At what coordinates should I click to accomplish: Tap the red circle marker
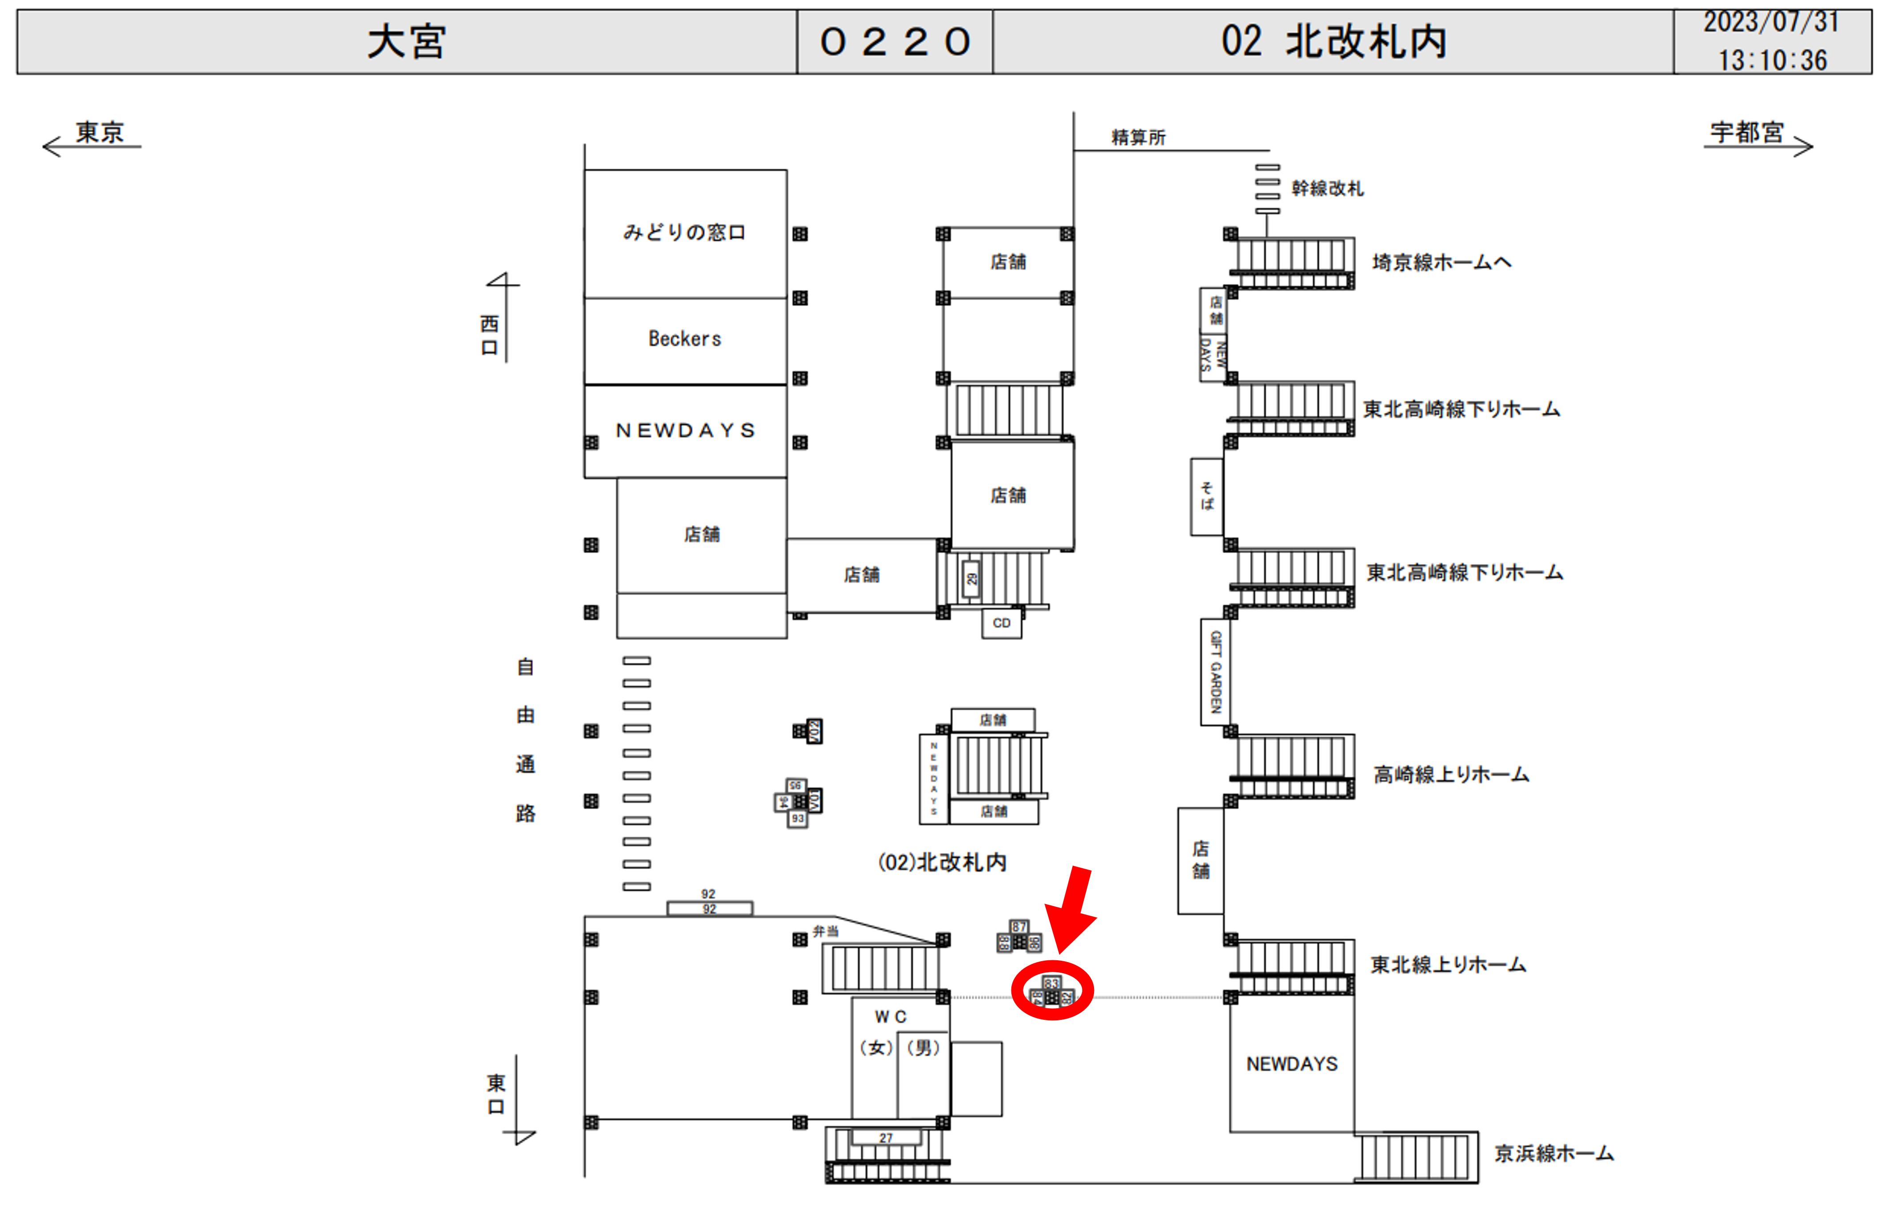point(1052,991)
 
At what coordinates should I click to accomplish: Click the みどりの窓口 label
point(684,233)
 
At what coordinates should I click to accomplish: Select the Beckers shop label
point(684,339)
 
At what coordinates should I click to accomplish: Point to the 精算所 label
point(1138,138)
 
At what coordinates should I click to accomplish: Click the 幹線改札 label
point(1327,189)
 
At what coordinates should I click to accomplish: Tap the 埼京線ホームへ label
point(1442,263)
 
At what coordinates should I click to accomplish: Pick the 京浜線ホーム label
point(1554,1154)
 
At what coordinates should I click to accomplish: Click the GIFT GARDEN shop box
point(1215,673)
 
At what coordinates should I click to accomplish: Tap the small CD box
point(1001,624)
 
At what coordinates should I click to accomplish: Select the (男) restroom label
point(923,1048)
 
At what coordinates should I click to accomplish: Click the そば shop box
point(1206,497)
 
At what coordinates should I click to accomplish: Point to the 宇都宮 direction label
point(1746,132)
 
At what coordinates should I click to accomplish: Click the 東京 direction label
point(100,132)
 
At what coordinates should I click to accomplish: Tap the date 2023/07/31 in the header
point(1771,22)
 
